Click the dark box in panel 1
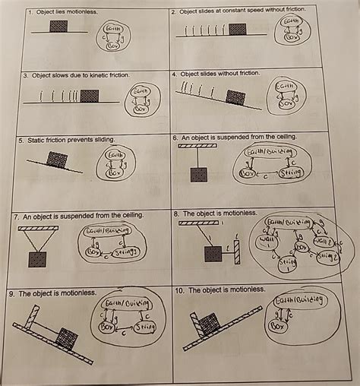coord(58,27)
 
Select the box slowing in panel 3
coord(90,96)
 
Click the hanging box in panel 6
coord(200,176)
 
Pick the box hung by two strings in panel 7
coord(37,259)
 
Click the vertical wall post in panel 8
coord(236,250)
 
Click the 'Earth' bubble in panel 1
coord(116,29)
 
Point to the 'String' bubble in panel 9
coord(147,327)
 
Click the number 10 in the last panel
coord(179,290)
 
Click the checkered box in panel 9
coord(68,337)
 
